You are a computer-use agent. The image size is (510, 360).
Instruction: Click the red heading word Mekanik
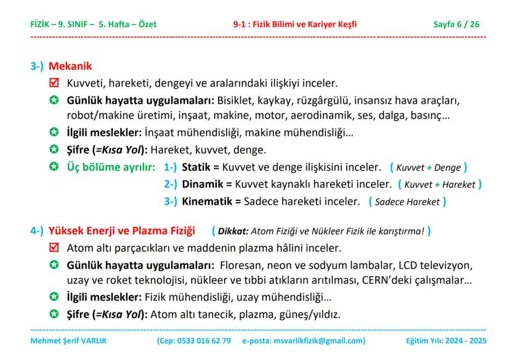(x=70, y=67)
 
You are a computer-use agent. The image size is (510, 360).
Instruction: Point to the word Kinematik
(x=207, y=201)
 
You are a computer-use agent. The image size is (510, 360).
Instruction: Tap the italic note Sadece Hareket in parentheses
(x=407, y=202)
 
